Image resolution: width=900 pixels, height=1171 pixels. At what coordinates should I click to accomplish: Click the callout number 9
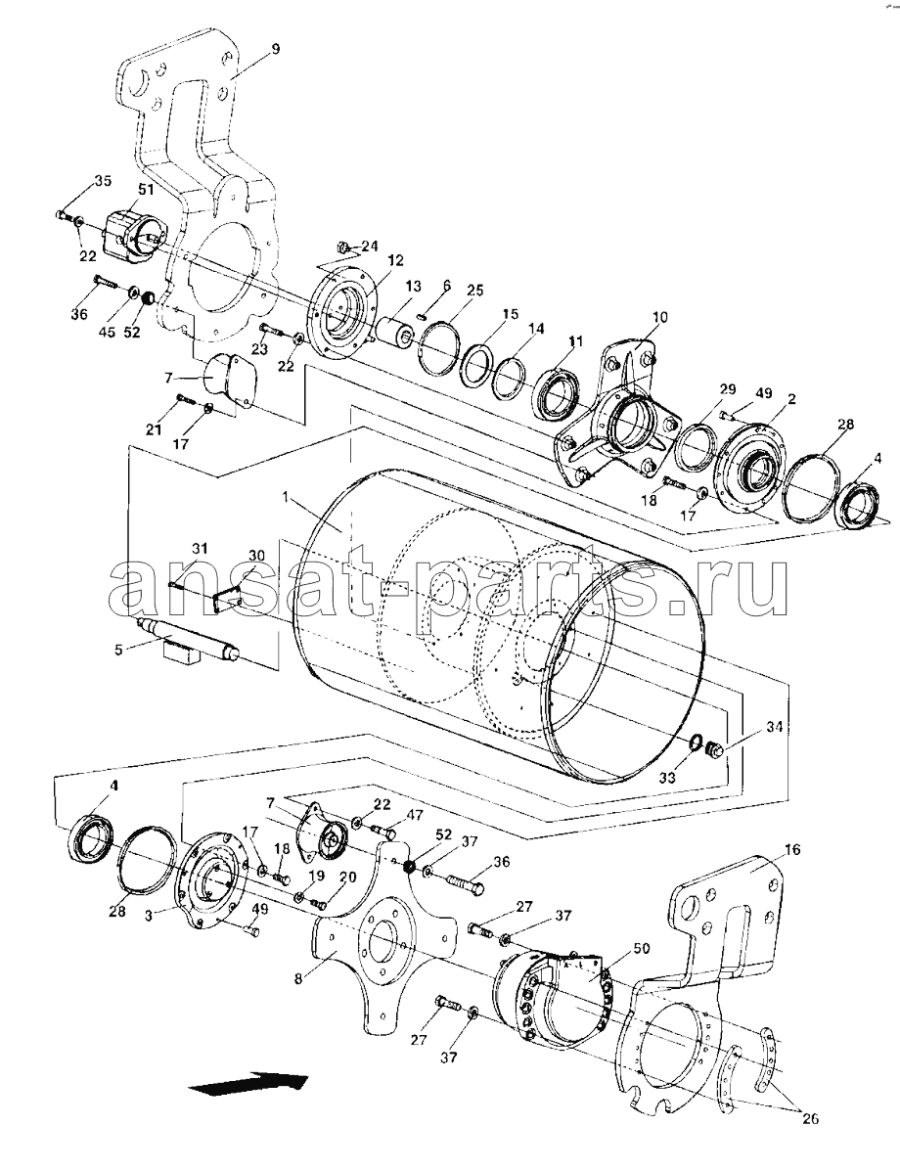[x=275, y=47]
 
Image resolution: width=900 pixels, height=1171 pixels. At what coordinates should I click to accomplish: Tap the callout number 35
[x=104, y=180]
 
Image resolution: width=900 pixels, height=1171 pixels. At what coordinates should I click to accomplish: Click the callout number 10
[x=660, y=318]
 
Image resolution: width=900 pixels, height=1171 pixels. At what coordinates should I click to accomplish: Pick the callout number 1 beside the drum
[x=286, y=498]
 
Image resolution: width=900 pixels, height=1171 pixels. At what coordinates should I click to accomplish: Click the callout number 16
[x=792, y=850]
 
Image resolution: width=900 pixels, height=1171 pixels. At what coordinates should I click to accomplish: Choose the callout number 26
[x=808, y=1118]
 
